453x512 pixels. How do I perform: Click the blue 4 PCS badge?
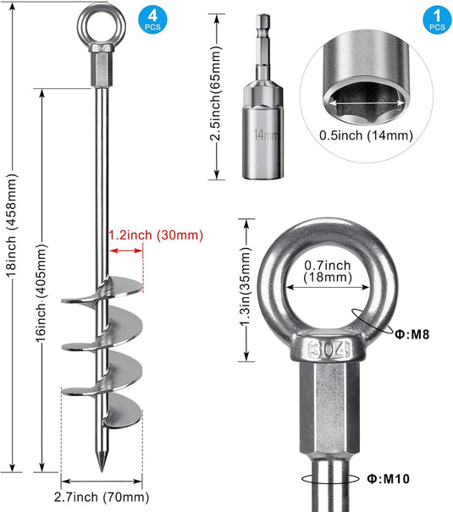click(152, 20)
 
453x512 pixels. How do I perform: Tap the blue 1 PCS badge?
click(437, 20)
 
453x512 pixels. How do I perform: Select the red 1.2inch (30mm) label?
click(156, 235)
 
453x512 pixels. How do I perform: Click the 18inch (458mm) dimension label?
click(12, 226)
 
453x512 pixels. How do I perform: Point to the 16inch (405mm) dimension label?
click(41, 293)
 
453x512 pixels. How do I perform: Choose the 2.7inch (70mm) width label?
click(102, 497)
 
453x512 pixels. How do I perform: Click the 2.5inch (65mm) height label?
click(215, 93)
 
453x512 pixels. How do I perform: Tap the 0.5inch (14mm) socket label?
click(366, 135)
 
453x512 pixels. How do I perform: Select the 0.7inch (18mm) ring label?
click(328, 271)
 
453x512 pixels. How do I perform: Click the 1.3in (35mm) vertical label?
click(246, 287)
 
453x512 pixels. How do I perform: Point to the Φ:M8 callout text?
click(412, 334)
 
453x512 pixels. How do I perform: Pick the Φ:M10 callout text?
click(389, 479)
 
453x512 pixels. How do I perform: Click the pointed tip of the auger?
click(102, 471)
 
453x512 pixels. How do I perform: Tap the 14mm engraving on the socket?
click(266, 135)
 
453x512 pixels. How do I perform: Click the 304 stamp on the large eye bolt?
click(329, 350)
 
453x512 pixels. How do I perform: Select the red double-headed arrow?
click(126, 250)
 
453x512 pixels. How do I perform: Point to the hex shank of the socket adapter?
click(263, 31)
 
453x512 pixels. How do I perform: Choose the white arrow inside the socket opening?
click(366, 102)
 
